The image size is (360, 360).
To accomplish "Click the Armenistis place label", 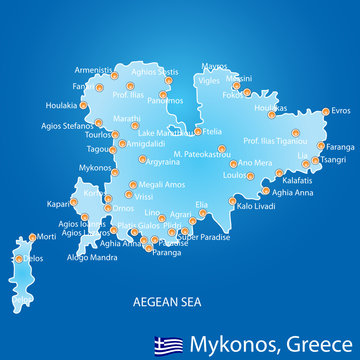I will (91, 69).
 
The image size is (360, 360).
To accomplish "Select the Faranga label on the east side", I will (341, 145).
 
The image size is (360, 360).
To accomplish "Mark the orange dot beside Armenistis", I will (115, 74).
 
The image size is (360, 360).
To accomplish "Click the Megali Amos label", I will (161, 183).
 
